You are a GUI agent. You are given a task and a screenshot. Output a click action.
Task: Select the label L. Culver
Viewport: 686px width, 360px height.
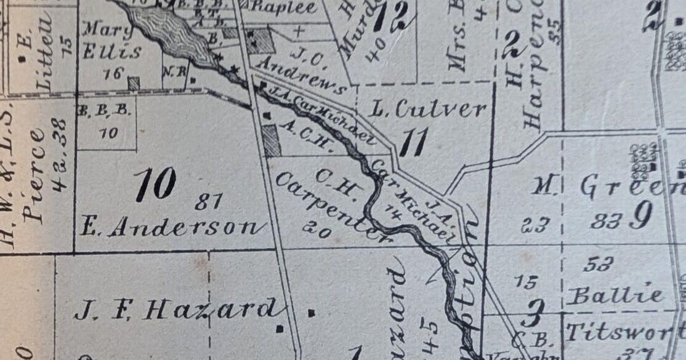click(x=429, y=110)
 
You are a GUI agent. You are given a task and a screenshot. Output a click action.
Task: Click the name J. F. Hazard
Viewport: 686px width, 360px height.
click(x=175, y=309)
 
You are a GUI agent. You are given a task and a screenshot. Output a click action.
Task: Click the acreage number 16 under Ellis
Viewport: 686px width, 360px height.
click(x=113, y=73)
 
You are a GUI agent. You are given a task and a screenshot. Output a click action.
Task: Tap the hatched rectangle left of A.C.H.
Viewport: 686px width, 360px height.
click(x=271, y=140)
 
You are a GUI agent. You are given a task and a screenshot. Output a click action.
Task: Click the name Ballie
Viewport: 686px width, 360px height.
click(x=615, y=295)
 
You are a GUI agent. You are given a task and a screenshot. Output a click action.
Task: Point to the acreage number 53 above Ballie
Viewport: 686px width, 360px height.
click(x=597, y=265)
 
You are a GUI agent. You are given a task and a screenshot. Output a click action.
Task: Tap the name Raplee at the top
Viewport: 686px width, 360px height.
click(x=284, y=7)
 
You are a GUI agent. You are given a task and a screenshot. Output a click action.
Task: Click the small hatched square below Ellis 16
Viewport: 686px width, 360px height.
click(x=134, y=83)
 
